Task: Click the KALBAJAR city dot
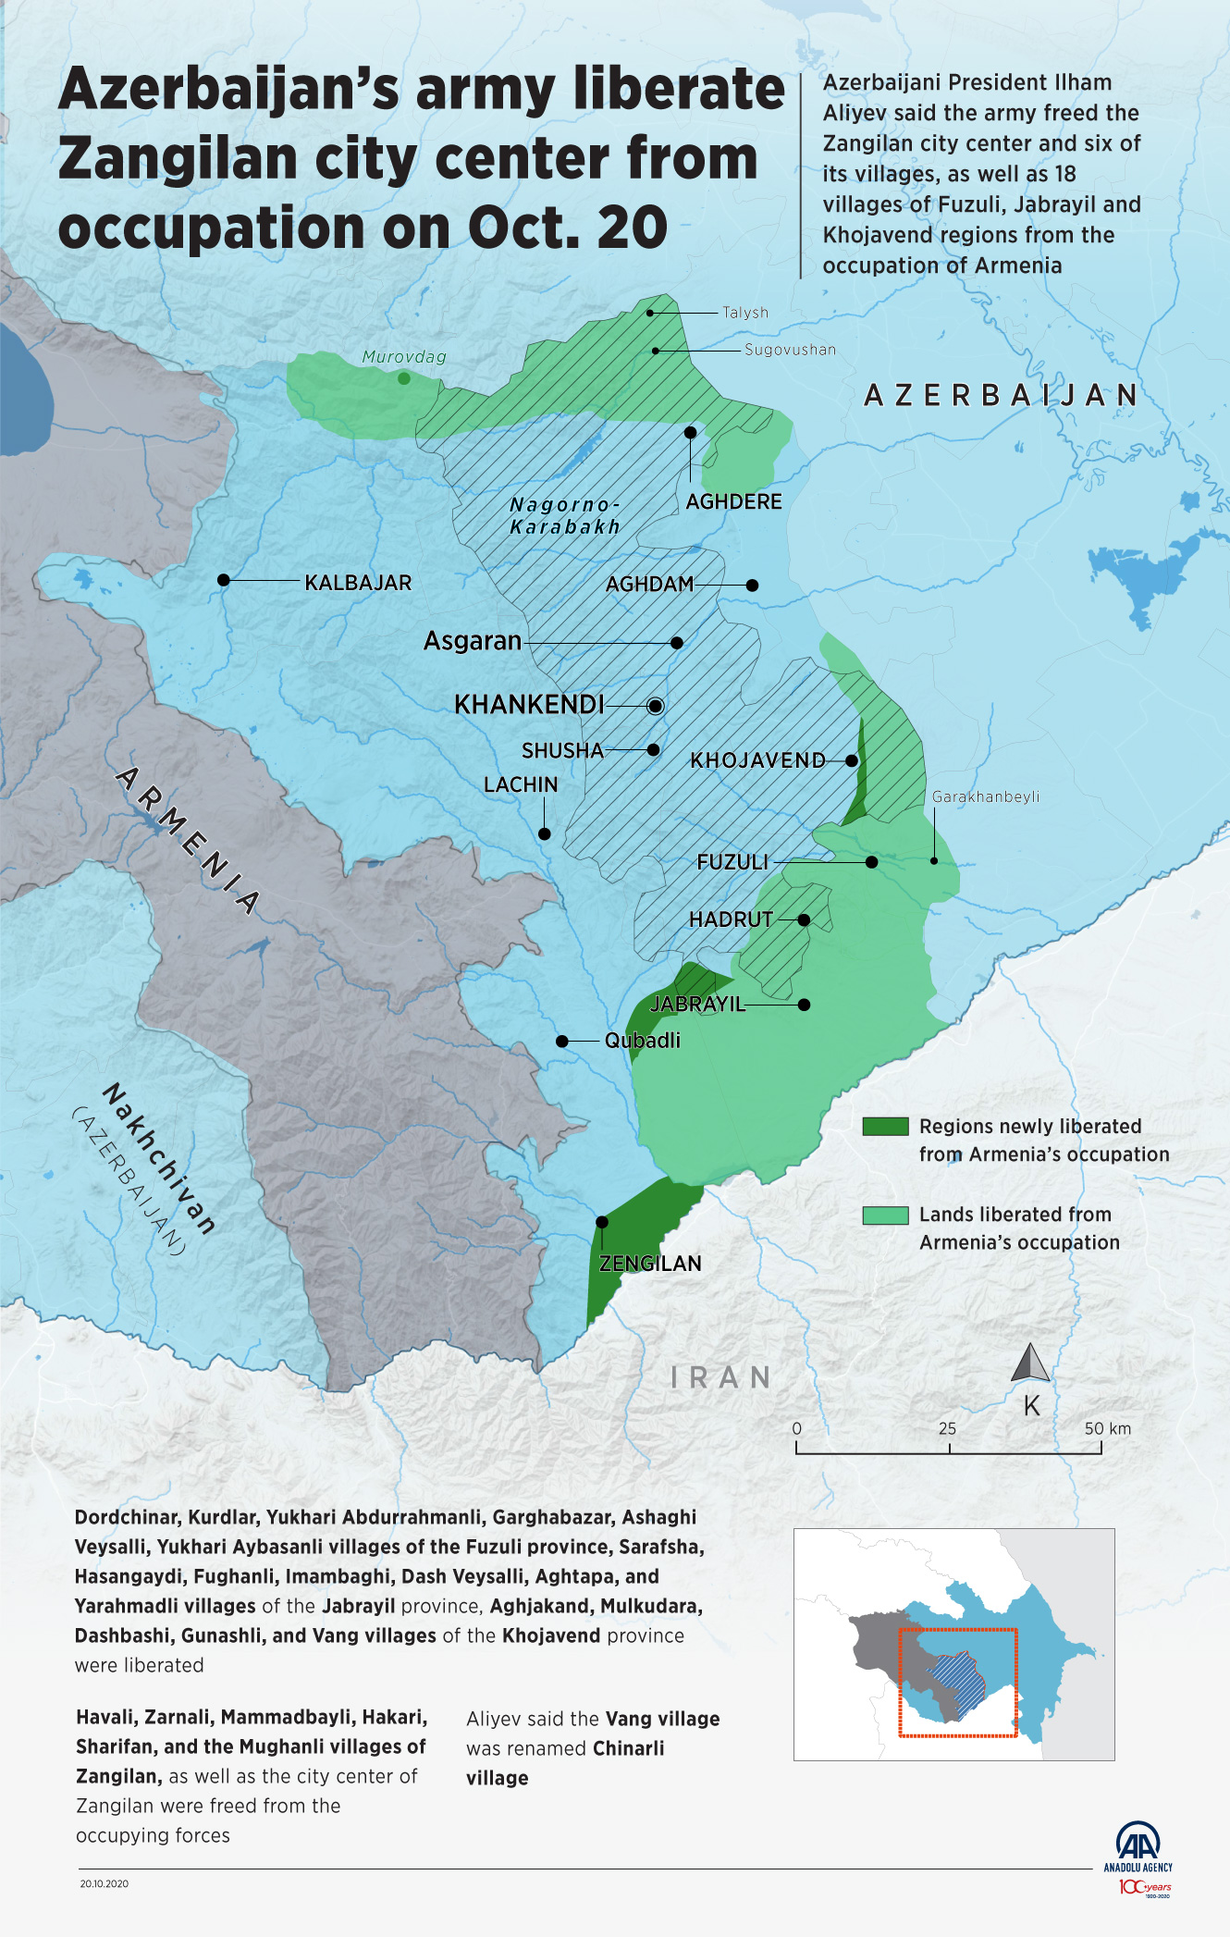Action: click(x=223, y=580)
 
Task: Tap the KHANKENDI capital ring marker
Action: click(x=655, y=706)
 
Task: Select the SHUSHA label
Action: click(x=561, y=750)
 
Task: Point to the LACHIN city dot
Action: click(x=544, y=833)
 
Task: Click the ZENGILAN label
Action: click(x=650, y=1264)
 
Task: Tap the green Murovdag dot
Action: click(x=403, y=378)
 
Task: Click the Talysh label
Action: click(x=744, y=313)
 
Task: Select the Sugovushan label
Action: click(x=790, y=350)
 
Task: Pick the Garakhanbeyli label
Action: click(x=985, y=796)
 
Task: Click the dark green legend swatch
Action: click(x=885, y=1127)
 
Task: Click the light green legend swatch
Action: click(x=885, y=1215)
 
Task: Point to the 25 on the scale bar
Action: click(x=947, y=1428)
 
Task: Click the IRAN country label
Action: click(x=721, y=1377)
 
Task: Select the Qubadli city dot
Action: click(x=561, y=1041)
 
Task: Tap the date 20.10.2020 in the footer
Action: click(x=104, y=1883)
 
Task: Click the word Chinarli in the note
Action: click(x=628, y=1748)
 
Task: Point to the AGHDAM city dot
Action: click(x=752, y=585)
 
